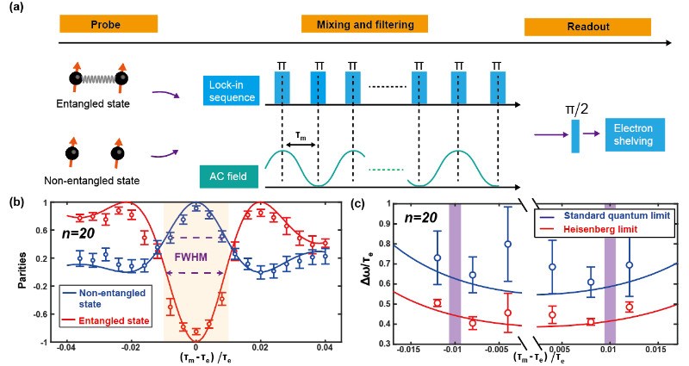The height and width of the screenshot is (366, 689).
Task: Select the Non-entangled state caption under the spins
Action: [x=90, y=183]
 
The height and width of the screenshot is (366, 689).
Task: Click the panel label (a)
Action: [x=15, y=9]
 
